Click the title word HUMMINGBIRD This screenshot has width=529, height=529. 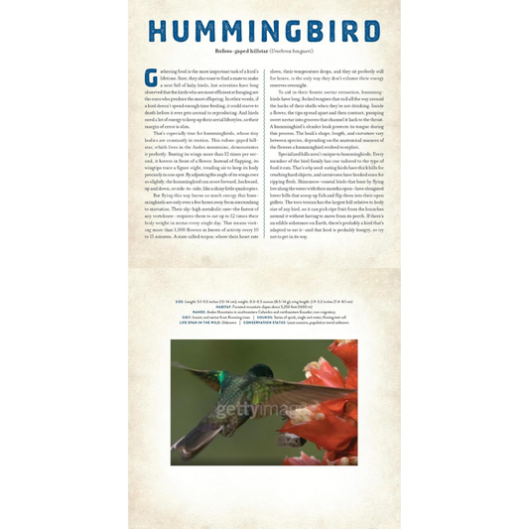point(264,33)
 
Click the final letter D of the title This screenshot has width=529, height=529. point(366,33)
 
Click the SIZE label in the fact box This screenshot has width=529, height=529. point(180,300)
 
